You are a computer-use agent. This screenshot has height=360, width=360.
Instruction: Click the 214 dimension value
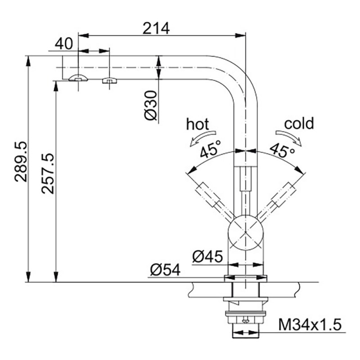point(156,28)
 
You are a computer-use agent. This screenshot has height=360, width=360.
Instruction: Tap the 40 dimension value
point(64,44)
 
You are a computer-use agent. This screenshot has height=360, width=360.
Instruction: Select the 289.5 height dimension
point(21,162)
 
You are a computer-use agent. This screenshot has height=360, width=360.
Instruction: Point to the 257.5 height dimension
point(48,174)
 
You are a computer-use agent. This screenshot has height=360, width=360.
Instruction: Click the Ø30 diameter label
point(151,105)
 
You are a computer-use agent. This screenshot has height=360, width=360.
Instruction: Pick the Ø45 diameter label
point(207,256)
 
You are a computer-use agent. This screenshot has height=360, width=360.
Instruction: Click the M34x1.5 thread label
point(310,324)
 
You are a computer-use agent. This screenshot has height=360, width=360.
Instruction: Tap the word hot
point(198,124)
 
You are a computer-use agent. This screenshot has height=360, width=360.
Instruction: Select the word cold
point(299,123)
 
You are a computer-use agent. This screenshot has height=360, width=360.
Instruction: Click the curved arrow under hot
point(202,138)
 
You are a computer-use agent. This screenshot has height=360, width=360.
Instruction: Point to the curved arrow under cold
point(289,138)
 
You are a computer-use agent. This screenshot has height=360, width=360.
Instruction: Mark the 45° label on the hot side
point(210,149)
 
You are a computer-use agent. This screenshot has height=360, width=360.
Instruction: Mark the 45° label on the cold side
point(283,150)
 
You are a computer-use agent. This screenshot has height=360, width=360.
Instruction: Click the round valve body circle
point(245,232)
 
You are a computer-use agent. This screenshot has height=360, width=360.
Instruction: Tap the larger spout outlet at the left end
point(78,78)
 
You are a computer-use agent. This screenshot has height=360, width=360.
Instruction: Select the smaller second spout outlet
point(109,81)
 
